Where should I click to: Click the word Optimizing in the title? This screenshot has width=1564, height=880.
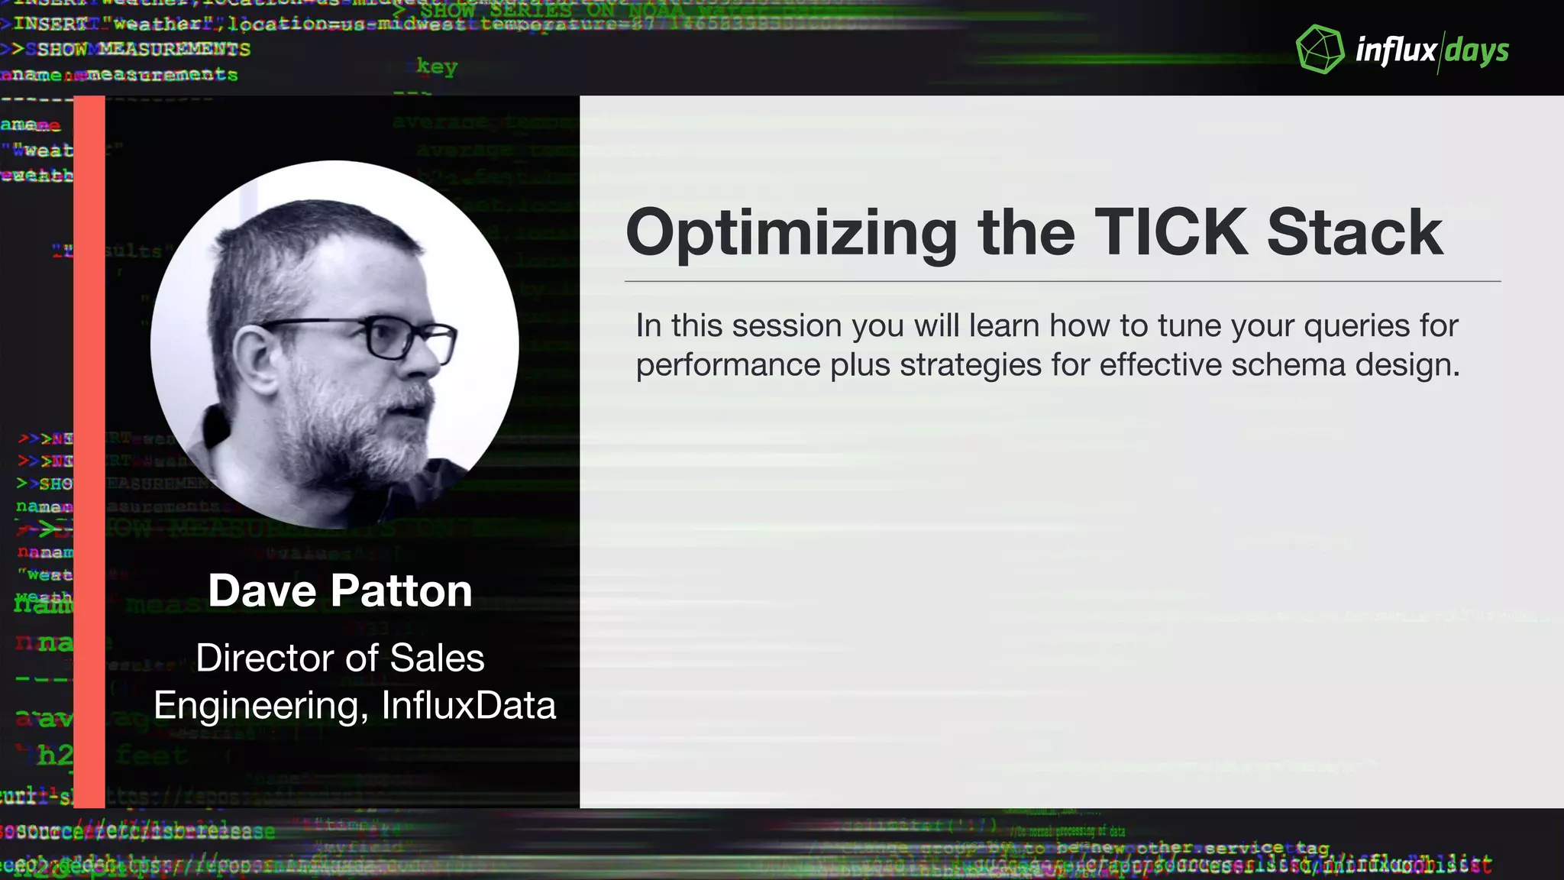tap(791, 234)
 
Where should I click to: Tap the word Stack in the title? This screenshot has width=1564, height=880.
tap(1354, 232)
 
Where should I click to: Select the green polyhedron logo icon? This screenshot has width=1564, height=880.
tap(1320, 50)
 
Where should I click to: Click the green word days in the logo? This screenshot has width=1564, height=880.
tap(1477, 51)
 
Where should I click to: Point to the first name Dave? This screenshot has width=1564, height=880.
tap(262, 590)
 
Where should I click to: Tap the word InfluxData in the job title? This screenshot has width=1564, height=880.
tap(468, 705)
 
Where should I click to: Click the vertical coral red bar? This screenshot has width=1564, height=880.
tap(89, 451)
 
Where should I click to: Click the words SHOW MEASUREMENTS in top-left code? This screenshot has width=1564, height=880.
tap(144, 50)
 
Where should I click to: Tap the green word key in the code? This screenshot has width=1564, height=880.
tap(437, 66)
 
